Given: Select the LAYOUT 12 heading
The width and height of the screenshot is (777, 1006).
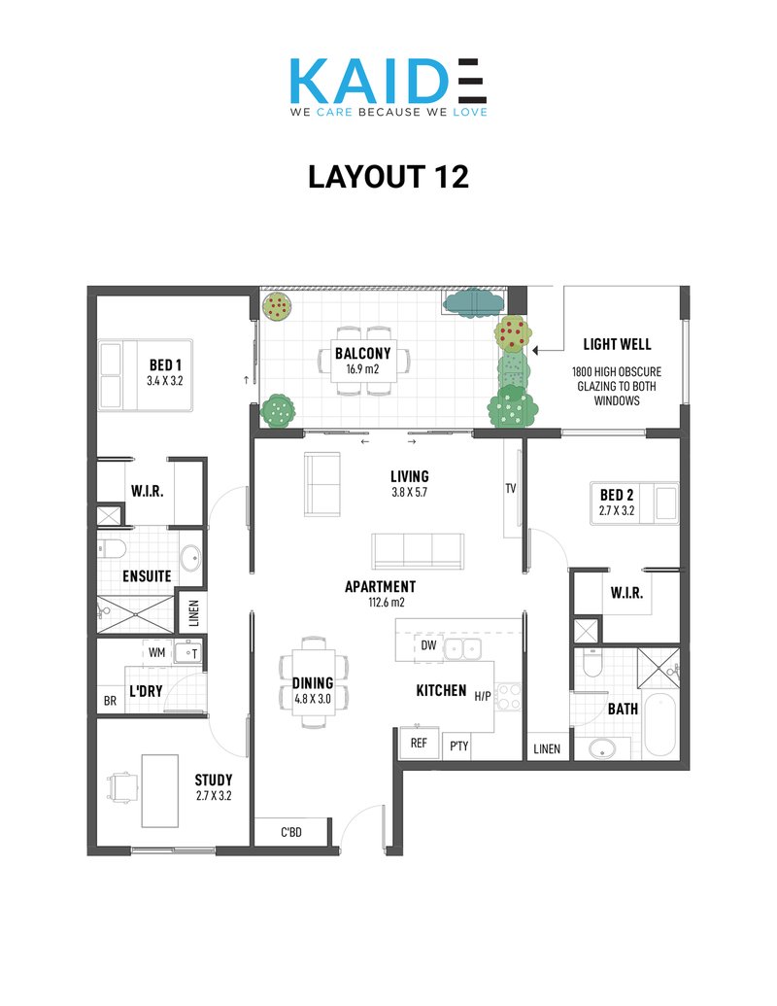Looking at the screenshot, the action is click(388, 177).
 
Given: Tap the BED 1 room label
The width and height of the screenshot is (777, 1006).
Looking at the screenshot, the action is click(165, 365).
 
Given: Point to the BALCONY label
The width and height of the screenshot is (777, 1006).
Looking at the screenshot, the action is click(363, 354).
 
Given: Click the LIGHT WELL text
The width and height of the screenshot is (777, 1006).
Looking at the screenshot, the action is click(617, 344).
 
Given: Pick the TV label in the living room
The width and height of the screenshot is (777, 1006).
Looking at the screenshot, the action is click(511, 488).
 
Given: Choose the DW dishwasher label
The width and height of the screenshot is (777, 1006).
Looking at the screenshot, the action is click(429, 645).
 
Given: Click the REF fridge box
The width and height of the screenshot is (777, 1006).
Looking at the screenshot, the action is click(419, 743).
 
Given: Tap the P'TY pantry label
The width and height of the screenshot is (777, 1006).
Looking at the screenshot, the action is click(459, 746).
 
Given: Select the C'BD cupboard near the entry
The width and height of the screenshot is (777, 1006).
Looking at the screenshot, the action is click(291, 832).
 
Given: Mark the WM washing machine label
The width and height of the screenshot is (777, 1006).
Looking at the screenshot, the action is click(157, 652).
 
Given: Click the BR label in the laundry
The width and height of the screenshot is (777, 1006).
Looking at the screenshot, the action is click(111, 701).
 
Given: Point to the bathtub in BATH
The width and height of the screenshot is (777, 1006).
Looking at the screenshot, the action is click(659, 724).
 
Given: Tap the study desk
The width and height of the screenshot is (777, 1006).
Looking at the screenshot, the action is click(159, 791).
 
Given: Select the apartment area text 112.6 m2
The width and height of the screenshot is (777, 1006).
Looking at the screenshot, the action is click(387, 603).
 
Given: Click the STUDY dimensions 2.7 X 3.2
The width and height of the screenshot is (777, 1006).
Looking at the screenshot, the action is click(214, 795).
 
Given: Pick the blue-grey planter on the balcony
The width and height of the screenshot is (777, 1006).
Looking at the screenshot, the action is click(473, 303).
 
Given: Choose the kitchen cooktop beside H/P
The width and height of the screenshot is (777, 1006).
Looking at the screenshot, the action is click(509, 697).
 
